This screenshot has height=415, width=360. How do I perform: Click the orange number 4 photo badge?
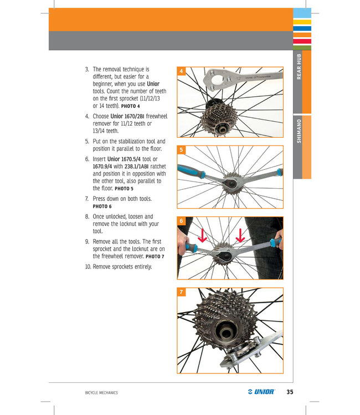coord(182,71)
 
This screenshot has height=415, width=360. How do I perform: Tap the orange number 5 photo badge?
coord(182,149)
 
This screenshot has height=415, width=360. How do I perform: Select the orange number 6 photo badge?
coord(182,221)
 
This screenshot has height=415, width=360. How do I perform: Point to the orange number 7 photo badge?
coord(182,292)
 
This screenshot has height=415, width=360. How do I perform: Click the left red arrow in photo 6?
coord(203,236)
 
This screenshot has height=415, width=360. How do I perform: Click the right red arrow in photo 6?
coord(241,236)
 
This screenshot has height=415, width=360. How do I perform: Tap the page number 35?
coord(290,392)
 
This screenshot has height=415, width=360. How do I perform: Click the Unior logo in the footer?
coord(261,392)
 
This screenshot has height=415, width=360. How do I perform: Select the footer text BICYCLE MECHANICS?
coord(97,393)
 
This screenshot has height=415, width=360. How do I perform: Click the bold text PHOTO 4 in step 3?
coord(130,105)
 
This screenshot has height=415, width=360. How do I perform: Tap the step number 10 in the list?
coord(88,267)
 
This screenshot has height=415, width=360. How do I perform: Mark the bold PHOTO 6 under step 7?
coord(104,206)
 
